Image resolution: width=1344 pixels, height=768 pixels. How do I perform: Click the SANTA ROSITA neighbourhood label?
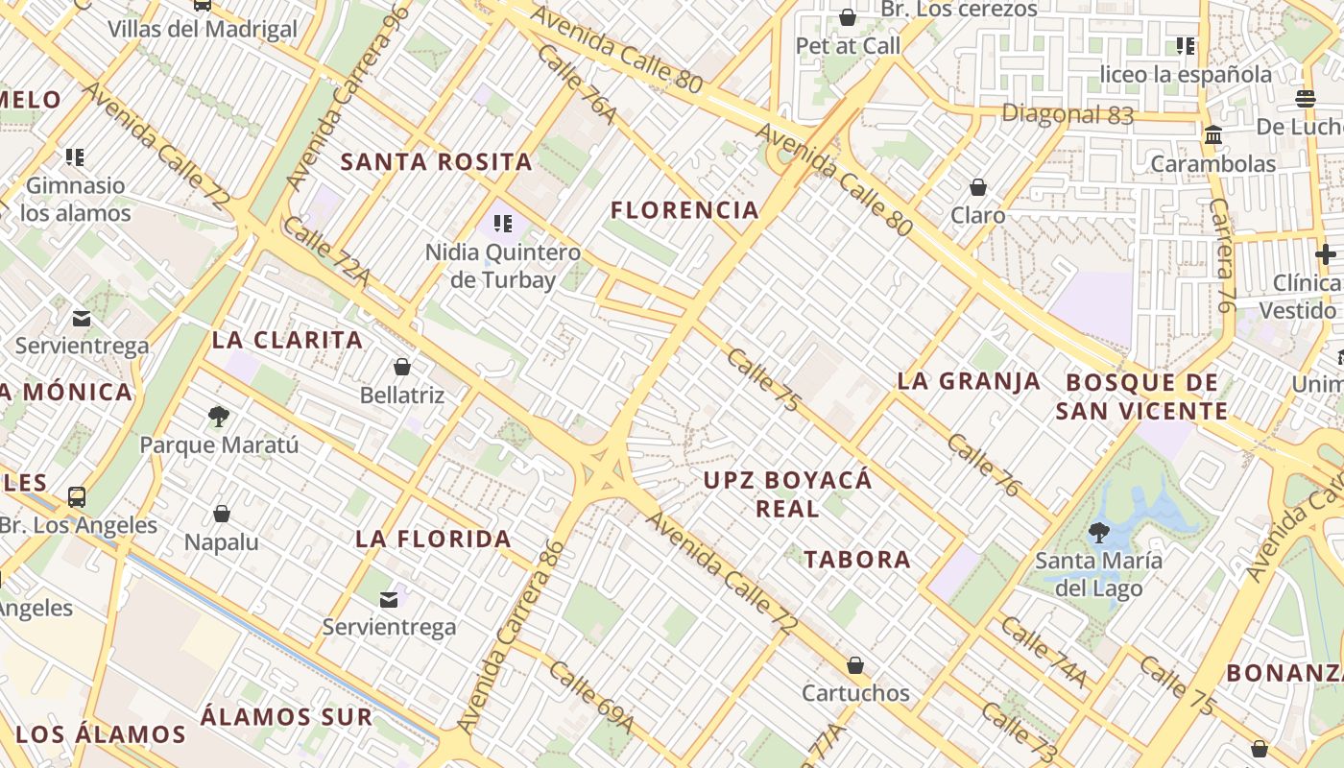coord(436,161)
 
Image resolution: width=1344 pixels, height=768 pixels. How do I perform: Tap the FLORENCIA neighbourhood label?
coord(684,209)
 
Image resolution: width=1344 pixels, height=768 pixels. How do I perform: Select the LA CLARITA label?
coord(287,340)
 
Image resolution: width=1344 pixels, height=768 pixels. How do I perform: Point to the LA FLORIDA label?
coord(433,539)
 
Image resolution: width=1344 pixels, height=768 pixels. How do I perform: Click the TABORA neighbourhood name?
coord(856,559)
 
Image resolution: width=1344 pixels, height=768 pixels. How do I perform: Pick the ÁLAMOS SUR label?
coord(286,716)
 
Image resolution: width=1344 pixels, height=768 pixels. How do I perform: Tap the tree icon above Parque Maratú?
coord(219,417)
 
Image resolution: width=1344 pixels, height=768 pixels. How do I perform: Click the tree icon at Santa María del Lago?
coord(1098,532)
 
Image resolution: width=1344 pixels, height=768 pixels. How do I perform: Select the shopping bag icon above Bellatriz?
coord(402,367)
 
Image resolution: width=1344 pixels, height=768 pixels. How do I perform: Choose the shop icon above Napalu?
coord(222,514)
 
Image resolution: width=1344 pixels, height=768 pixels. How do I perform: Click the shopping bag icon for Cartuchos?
coord(854,665)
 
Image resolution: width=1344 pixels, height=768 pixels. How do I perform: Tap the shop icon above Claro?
coord(977,186)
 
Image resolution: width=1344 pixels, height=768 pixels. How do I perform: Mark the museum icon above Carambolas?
coord(1213,135)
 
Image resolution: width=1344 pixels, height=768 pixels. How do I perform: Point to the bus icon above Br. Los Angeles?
coord(77,497)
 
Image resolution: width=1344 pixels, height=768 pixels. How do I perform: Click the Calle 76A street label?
coord(576,83)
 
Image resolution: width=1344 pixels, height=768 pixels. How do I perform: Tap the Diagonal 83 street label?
coord(1067,114)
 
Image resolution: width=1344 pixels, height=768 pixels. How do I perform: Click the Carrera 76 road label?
coord(1221,254)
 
